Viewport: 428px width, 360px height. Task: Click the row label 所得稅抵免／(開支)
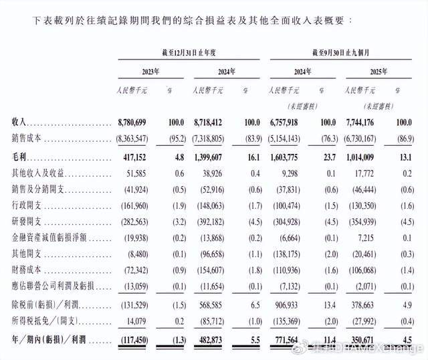[43, 319]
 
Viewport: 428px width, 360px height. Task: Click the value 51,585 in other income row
[140, 173]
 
